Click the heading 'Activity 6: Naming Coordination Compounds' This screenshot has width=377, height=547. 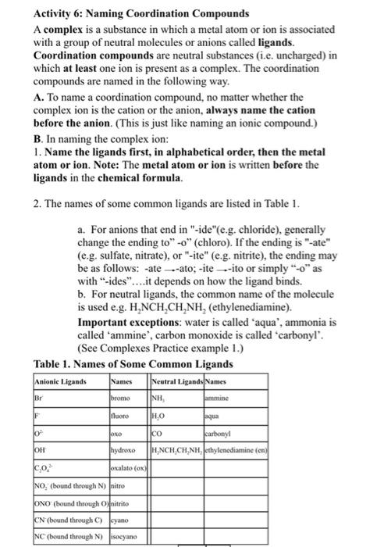pyautogui.click(x=142, y=13)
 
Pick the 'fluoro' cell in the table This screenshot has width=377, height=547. pyautogui.click(x=122, y=417)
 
